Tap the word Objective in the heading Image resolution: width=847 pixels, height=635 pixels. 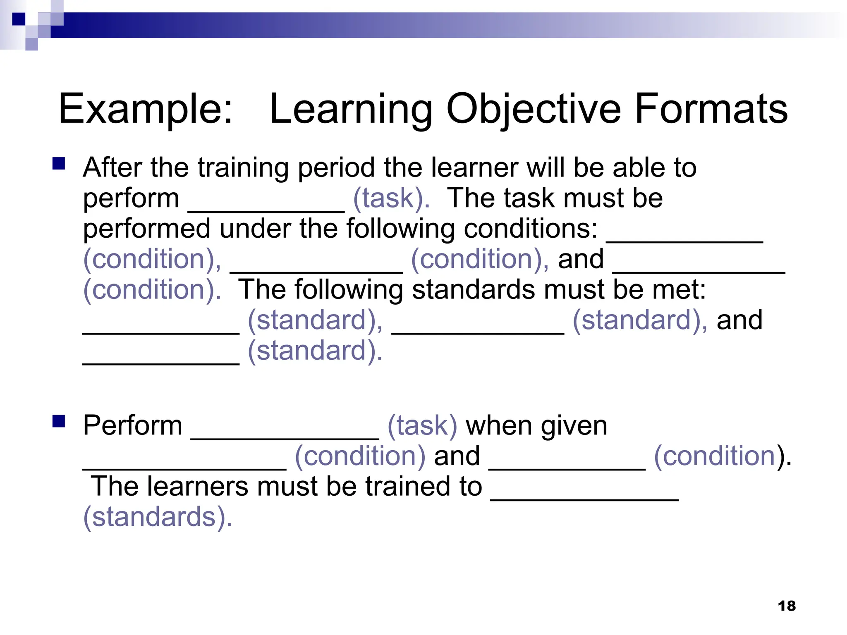click(x=533, y=109)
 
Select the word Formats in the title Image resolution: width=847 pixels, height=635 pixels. click(x=711, y=109)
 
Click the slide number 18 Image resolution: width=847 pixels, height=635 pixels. click(x=787, y=606)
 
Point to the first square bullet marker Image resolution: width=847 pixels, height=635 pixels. click(x=59, y=164)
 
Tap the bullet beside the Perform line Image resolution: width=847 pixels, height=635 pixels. click(x=59, y=421)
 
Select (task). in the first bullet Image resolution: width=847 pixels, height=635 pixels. click(x=391, y=198)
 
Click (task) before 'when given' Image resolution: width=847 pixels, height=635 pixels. click(x=422, y=425)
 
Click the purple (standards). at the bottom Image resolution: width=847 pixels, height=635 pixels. click(x=158, y=517)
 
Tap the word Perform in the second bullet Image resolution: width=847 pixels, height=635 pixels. click(x=132, y=425)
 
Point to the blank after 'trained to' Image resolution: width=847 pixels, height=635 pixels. click(x=584, y=499)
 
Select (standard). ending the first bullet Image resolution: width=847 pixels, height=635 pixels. click(x=315, y=351)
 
